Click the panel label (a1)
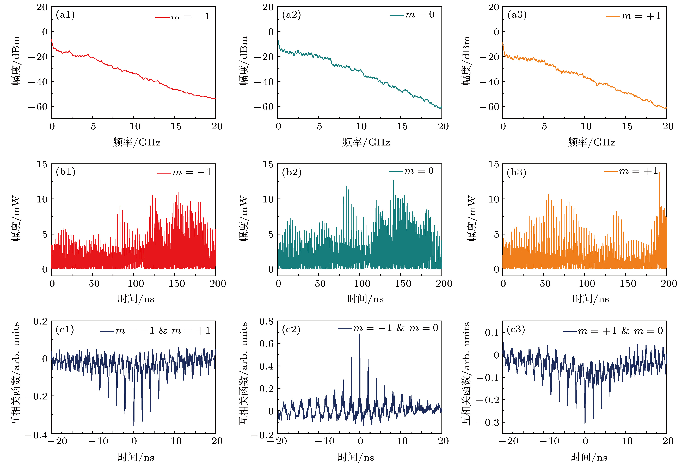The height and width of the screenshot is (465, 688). point(65,15)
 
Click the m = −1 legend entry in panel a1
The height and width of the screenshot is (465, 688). point(183,17)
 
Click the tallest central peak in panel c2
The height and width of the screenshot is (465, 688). point(360,334)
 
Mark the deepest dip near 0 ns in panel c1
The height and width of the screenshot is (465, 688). point(134,425)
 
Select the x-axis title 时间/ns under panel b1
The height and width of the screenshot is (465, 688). point(136,299)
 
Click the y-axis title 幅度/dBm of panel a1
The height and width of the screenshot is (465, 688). point(16,61)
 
